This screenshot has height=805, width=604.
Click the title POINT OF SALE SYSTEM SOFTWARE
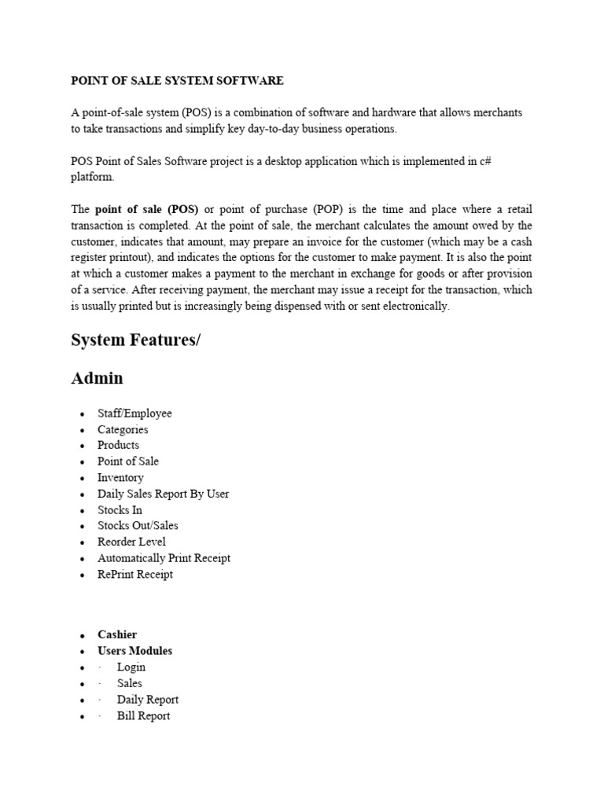pyautogui.click(x=177, y=81)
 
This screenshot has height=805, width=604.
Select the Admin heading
pyautogui.click(x=97, y=378)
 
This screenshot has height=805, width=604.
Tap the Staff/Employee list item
pyautogui.click(x=134, y=414)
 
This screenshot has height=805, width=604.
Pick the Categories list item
pyautogui.click(x=123, y=429)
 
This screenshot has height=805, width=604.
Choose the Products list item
pyautogui.click(x=118, y=445)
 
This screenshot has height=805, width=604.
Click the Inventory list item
pyautogui.click(x=120, y=477)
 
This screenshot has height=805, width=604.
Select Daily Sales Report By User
pyautogui.click(x=163, y=494)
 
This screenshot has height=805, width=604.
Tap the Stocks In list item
pyautogui.click(x=120, y=509)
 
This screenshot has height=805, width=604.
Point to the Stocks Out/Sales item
pyautogui.click(x=138, y=525)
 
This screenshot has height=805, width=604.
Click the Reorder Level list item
pyautogui.click(x=131, y=542)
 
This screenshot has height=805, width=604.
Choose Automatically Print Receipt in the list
pyautogui.click(x=164, y=558)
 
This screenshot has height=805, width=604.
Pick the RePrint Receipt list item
pyautogui.click(x=135, y=574)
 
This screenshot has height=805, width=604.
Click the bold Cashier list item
pyautogui.click(x=117, y=634)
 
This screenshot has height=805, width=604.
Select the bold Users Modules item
pyautogui.click(x=134, y=651)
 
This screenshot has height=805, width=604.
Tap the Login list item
pyautogui.click(x=131, y=667)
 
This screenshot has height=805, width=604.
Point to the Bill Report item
pyautogui.click(x=143, y=715)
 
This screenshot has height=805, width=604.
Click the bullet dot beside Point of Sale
pyautogui.click(x=83, y=462)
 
